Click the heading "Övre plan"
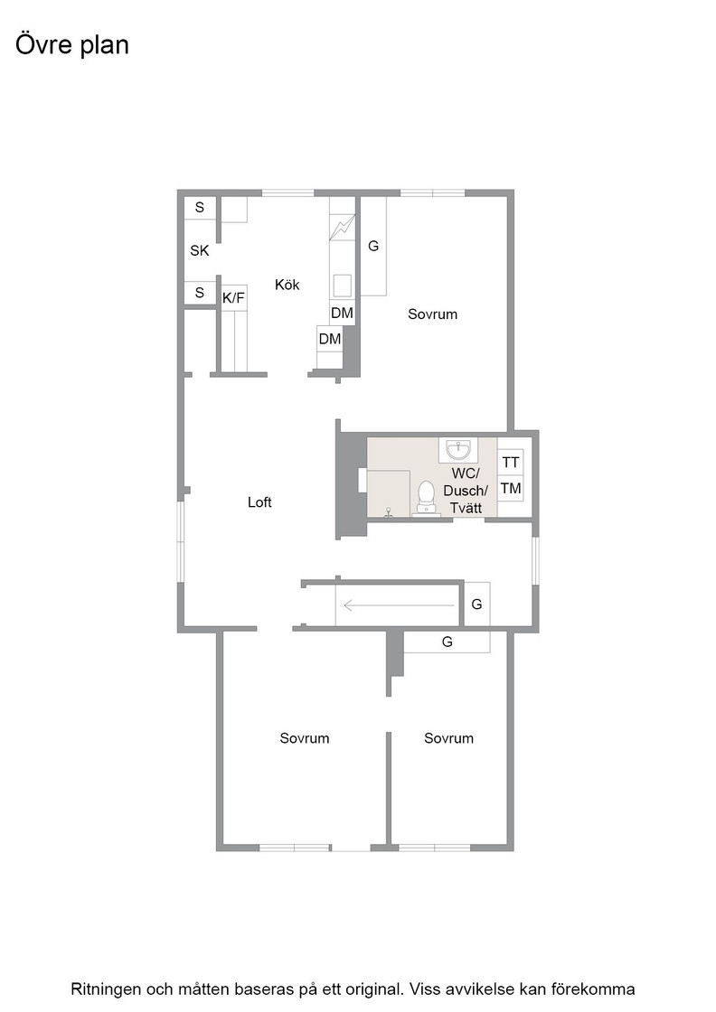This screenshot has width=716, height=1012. coord(71,45)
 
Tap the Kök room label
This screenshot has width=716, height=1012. coord(287,285)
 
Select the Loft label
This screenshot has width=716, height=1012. coord(259,502)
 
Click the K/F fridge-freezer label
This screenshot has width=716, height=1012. coord(233,298)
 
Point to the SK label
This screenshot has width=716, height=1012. coord(200,250)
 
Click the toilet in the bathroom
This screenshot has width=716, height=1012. coord(426,496)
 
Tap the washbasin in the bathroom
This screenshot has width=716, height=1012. coord(458,449)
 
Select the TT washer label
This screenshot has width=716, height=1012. coord(510,462)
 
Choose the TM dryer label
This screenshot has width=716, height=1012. coord(510,488)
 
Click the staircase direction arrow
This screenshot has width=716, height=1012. coord(399,605)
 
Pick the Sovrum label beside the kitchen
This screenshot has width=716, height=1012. coord(432,314)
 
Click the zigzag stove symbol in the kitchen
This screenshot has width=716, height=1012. coord(343,227)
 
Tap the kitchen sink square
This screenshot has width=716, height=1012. coord(343,285)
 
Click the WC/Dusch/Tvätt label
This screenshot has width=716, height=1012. coord(466,491)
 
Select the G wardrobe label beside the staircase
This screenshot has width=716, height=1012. coord(476,604)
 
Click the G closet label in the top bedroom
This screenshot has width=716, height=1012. coord(373,246)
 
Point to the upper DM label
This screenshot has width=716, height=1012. coord(342,313)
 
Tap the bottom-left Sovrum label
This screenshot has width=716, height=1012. coord(304,738)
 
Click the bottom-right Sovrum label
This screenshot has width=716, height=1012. coord(448,738)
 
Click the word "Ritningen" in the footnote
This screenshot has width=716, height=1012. coord(107,989)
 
